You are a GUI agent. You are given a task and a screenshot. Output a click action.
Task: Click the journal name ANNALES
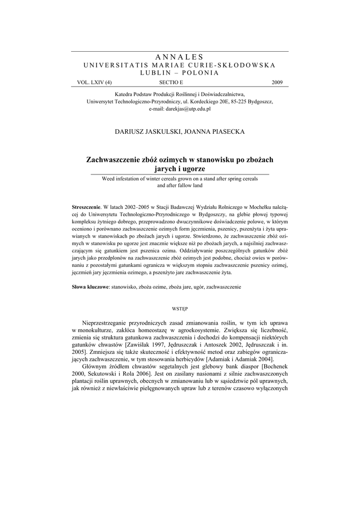click(x=180, y=57)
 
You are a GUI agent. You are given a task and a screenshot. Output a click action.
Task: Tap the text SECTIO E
click(x=171, y=82)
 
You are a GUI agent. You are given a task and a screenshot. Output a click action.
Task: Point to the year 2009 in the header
click(x=277, y=82)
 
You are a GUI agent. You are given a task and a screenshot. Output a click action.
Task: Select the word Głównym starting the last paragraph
click(x=98, y=366)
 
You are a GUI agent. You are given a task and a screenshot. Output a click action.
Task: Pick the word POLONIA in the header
click(x=202, y=73)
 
